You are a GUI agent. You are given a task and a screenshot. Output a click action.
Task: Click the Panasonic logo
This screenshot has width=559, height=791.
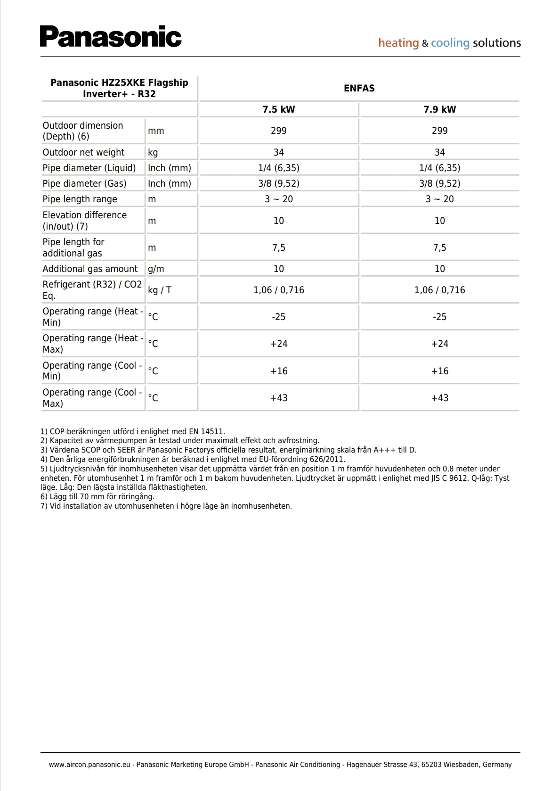111,37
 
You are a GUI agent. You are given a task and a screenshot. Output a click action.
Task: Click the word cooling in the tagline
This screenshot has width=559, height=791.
450,43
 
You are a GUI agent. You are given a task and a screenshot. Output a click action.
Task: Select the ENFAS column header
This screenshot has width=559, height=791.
359,88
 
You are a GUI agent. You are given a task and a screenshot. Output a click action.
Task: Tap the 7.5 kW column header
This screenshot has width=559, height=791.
278,109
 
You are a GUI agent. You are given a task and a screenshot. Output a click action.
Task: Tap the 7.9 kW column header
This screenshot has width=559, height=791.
439,109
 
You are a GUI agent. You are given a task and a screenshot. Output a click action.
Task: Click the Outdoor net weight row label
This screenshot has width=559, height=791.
83,152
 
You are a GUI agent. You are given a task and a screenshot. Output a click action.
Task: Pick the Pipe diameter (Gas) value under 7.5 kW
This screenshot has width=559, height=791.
278,183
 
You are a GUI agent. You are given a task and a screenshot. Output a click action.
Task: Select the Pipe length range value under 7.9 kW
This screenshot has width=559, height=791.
439,199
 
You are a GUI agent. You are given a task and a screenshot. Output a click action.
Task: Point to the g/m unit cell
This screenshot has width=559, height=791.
156,269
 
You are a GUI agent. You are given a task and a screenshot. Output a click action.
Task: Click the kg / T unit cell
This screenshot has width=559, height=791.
160,290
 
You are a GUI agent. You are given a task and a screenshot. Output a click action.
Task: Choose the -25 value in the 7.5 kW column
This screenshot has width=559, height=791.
278,317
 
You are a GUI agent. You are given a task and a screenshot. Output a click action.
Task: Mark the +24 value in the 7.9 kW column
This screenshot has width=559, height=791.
439,344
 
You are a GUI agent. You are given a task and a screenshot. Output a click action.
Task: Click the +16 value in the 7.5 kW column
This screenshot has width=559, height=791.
278,371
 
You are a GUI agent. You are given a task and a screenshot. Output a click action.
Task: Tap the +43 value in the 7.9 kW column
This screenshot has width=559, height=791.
439,398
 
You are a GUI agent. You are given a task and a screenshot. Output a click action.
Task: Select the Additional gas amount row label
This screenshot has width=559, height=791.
90,269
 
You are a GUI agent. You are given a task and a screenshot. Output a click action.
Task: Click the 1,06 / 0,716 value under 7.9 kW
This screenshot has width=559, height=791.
439,290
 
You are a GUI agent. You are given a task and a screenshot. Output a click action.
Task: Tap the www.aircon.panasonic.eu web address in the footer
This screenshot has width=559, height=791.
89,765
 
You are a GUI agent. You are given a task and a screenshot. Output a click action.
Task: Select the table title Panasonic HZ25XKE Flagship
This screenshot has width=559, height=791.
119,82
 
